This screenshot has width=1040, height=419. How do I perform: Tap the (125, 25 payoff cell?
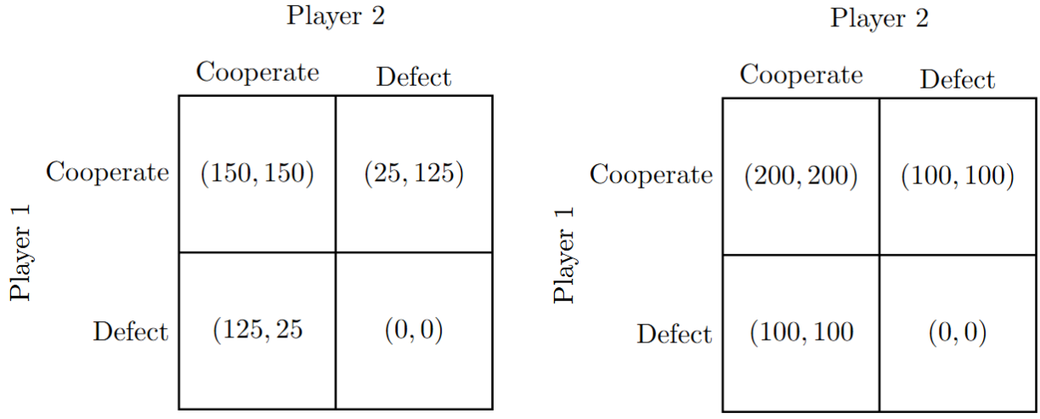point(257,330)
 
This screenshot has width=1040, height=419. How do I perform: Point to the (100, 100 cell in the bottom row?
point(801,332)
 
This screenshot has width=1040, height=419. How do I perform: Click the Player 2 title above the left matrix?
point(336,16)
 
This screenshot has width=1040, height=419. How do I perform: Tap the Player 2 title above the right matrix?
point(879,18)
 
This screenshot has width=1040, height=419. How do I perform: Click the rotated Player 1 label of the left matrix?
point(20,253)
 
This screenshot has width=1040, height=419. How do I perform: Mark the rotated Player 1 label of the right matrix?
point(564,255)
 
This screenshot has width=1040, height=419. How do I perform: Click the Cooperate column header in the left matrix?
point(257,72)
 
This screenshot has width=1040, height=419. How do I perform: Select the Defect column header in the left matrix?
point(414,77)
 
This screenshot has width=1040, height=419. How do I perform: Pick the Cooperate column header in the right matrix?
point(801,75)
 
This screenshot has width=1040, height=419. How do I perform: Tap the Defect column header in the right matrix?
point(958,80)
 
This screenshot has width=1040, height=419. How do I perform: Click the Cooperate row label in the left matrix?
point(108,173)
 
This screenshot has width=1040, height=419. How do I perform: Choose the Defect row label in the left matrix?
point(131,331)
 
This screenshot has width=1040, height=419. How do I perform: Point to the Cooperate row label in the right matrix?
point(652,175)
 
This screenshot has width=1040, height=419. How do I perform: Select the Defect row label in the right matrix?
point(675,333)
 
